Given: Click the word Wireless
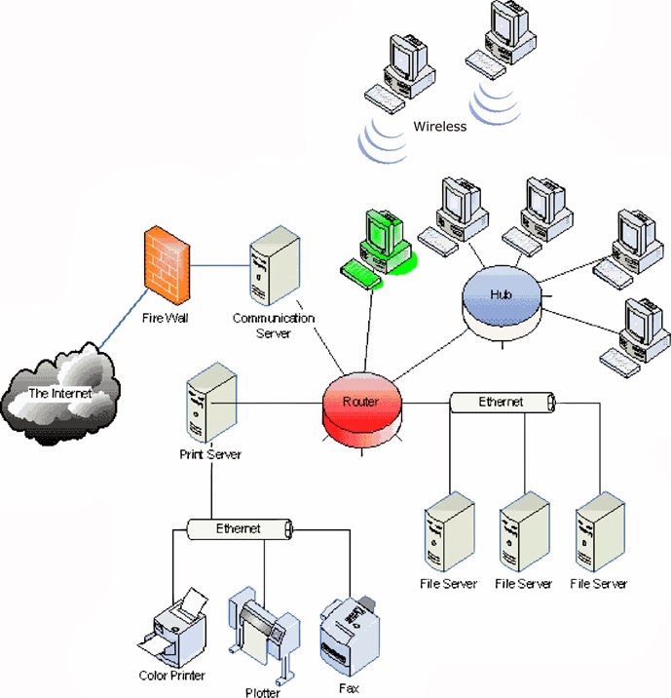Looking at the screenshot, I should [x=440, y=127].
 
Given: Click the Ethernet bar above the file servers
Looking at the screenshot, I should [x=502, y=402].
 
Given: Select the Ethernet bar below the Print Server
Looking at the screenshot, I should [x=239, y=528].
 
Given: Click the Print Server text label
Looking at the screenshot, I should [x=210, y=454].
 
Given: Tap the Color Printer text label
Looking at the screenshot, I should [x=170, y=675].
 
